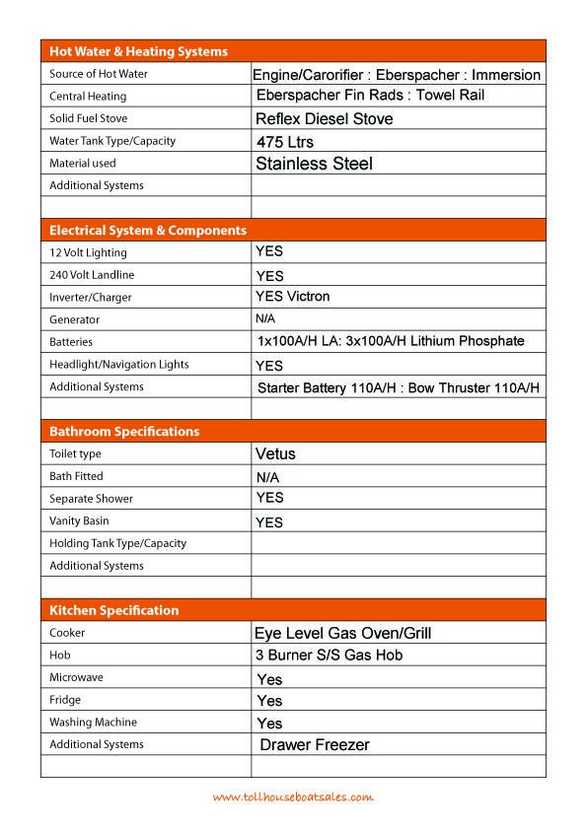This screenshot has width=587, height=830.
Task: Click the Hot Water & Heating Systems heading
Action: tap(138, 51)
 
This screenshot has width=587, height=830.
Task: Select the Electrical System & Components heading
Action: tap(148, 231)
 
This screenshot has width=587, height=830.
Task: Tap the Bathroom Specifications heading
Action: tap(124, 432)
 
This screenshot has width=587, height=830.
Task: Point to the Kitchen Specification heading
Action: tap(113, 610)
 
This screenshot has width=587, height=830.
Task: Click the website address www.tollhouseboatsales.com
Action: tap(293, 797)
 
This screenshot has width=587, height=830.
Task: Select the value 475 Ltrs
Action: tap(284, 142)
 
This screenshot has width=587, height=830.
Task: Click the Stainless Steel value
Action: tap(314, 164)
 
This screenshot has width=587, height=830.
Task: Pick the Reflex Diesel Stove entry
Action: tap(324, 119)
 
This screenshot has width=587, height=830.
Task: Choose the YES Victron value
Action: tap(292, 297)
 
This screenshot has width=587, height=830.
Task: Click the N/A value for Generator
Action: tap(265, 319)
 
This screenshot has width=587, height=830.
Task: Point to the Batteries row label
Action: tap(71, 342)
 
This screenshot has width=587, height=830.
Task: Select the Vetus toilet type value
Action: tap(275, 454)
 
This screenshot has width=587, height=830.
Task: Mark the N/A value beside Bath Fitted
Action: tap(268, 477)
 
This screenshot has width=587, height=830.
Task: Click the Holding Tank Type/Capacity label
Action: tap(117, 543)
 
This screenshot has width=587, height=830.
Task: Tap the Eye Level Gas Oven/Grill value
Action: tap(342, 633)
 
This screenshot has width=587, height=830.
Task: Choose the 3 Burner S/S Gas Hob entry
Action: tap(329, 656)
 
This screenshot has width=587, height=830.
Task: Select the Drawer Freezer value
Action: tap(314, 745)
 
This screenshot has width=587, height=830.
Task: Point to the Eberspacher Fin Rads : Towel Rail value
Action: tap(370, 96)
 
